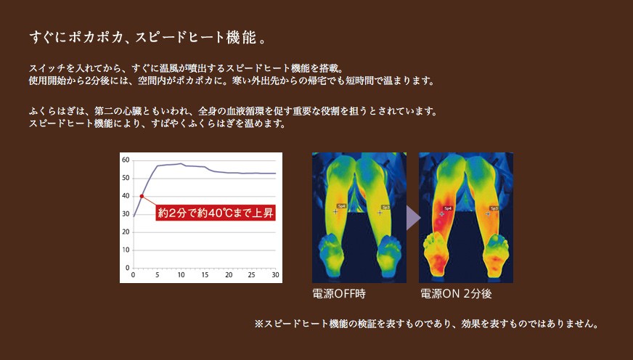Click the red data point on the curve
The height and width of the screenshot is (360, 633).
[142, 196]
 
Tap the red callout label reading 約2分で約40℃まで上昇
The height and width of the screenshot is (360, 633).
[216, 213]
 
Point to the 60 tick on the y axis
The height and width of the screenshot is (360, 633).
[126, 160]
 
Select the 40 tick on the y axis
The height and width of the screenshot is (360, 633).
[126, 196]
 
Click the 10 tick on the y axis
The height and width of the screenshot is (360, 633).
[126, 250]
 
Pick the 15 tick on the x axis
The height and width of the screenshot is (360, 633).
[205, 275]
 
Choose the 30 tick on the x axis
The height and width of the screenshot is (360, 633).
[275, 275]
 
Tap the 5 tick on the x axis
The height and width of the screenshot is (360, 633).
[158, 275]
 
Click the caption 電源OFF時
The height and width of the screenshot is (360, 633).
[339, 293]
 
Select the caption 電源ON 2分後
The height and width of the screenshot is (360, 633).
[456, 293]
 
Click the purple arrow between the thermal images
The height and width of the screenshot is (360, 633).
[413, 218]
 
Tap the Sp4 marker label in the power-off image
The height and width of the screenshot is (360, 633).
[341, 206]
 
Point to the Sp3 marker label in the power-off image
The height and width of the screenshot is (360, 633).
[385, 207]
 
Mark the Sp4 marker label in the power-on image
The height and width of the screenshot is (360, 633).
[448, 208]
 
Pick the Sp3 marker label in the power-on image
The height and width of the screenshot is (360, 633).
[494, 208]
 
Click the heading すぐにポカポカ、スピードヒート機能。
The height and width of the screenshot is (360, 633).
[148, 38]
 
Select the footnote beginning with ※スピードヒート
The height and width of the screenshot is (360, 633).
[426, 324]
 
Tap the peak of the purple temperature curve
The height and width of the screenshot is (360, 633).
[181, 163]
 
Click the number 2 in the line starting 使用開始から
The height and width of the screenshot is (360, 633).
[88, 81]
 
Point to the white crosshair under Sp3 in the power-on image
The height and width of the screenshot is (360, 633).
[488, 214]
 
